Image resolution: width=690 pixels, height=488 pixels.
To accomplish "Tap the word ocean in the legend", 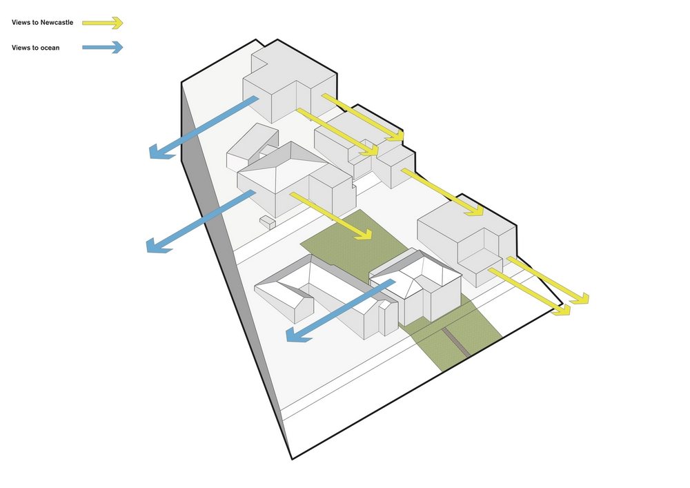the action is click(x=50, y=48).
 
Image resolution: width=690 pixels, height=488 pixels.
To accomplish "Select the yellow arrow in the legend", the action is click(x=103, y=23).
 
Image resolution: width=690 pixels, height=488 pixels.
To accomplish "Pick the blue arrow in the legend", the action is click(x=103, y=47).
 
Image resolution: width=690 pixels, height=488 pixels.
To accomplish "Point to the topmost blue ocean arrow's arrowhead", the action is click(x=160, y=152).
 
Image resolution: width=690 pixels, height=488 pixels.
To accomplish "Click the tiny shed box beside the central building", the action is click(x=268, y=222).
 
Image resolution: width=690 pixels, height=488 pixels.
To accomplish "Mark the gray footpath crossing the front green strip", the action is click(x=456, y=340).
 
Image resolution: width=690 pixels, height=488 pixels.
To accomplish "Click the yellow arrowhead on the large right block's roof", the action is click(x=475, y=209).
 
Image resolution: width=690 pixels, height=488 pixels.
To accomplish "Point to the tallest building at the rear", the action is click(x=290, y=82).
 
